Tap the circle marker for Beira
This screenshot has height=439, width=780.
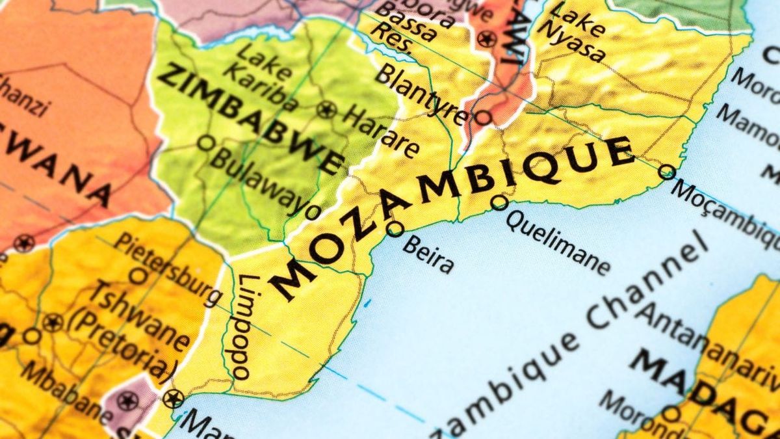click(395, 229)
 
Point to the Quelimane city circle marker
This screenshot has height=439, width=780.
click(499, 202)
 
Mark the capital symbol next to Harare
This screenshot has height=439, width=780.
click(326, 109)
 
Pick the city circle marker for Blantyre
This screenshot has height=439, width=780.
click(482, 118)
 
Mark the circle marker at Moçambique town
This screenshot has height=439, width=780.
click(667, 172)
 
